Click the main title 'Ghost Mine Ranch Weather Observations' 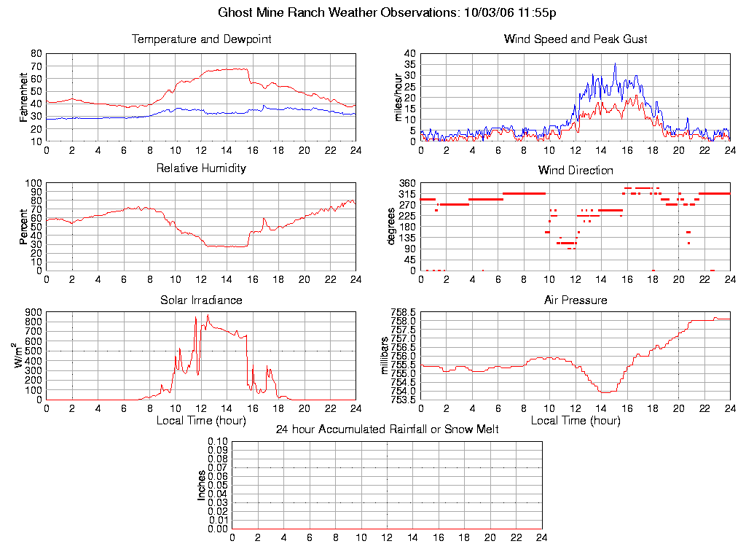pyautogui.click(x=339, y=13)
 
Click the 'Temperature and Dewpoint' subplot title pyautogui.click(x=201, y=39)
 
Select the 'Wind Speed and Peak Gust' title pyautogui.click(x=576, y=39)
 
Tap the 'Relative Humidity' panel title pyautogui.click(x=201, y=168)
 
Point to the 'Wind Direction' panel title pyautogui.click(x=576, y=171)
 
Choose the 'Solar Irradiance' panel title pyautogui.click(x=201, y=300)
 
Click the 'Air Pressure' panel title pyautogui.click(x=576, y=300)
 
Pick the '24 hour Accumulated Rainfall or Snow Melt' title pyautogui.click(x=387, y=429)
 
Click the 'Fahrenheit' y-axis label pyautogui.click(x=24, y=97)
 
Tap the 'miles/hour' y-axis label pyautogui.click(x=398, y=97)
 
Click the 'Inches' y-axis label pyautogui.click(x=202, y=485)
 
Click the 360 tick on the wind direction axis pyautogui.click(x=407, y=183)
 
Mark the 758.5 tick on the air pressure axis pyautogui.click(x=404, y=312)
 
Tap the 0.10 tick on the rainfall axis pyautogui.click(x=218, y=442)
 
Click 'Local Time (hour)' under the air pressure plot pyautogui.click(x=576, y=421)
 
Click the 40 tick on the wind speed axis pyautogui.click(x=410, y=54)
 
